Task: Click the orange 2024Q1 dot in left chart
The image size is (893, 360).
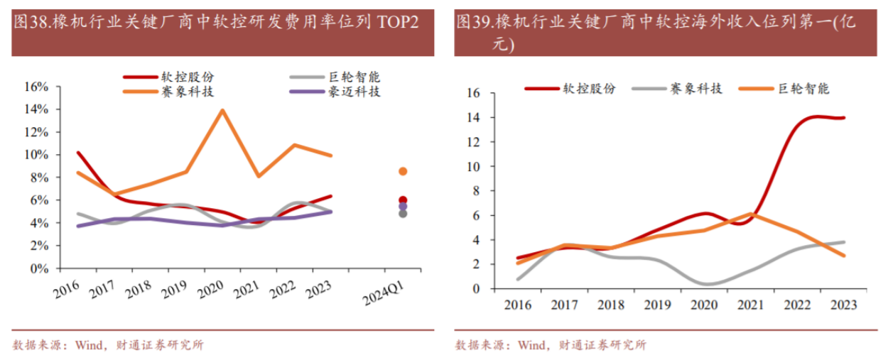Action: (x=403, y=171)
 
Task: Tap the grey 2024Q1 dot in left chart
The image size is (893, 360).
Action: (x=403, y=213)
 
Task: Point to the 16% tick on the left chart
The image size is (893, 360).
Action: (x=36, y=87)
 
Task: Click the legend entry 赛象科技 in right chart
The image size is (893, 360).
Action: (x=696, y=88)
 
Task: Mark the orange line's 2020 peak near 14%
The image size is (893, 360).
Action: (x=222, y=110)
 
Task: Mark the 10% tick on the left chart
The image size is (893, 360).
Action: (x=36, y=155)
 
